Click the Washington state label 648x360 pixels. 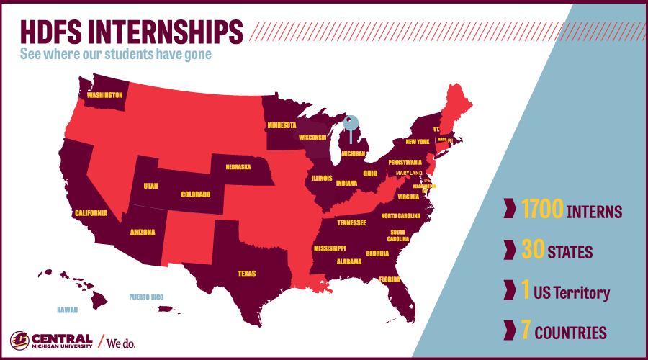(105, 94)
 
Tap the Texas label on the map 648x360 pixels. (247, 274)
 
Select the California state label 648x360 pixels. (91, 212)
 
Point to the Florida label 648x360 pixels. (390, 279)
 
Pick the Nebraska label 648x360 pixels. (238, 167)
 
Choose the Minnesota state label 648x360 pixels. (282, 125)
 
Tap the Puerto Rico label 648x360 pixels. (146, 297)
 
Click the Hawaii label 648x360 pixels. (67, 310)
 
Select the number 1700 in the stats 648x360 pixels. (542, 212)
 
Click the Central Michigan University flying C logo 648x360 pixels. (19, 340)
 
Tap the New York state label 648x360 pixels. (417, 142)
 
